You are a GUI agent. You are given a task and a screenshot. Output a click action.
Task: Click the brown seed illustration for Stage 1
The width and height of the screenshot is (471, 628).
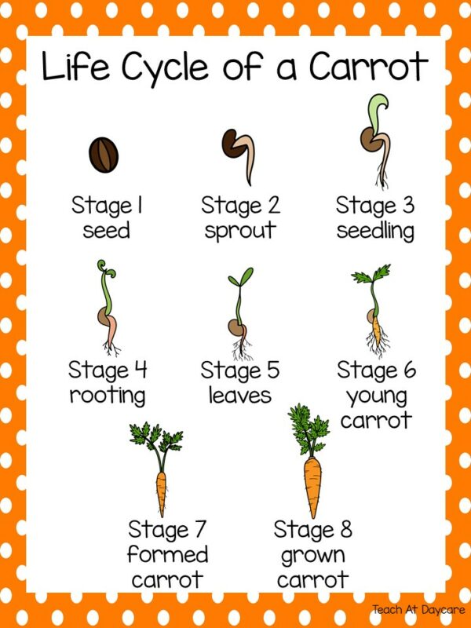[104, 153]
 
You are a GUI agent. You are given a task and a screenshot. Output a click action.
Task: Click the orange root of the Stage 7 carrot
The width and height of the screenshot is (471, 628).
[162, 491]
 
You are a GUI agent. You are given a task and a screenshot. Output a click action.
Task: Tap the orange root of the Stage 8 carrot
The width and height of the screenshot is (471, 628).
[312, 483]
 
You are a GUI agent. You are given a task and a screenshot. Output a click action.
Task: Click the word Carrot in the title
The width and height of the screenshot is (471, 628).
[367, 68]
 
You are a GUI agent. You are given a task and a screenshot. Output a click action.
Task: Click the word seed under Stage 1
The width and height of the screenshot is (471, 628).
[106, 232]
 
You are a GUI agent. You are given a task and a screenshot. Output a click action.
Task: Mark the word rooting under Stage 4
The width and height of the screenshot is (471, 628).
[108, 395]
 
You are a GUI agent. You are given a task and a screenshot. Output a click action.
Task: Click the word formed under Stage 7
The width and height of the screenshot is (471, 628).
[168, 555]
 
